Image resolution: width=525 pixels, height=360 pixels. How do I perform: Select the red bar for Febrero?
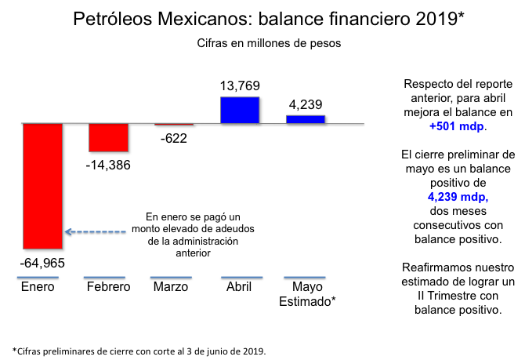tap(108, 137)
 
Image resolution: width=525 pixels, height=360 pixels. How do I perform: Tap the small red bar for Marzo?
tap(173, 125)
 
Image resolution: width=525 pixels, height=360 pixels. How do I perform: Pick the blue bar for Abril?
tap(240, 110)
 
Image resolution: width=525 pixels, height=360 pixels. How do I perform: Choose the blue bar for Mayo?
tap(306, 119)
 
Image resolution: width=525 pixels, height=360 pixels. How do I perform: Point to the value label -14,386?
tap(108, 165)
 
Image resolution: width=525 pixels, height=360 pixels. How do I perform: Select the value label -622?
tap(173, 139)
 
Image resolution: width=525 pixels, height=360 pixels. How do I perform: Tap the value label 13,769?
tap(240, 85)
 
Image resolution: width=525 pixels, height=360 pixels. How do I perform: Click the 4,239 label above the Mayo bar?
tap(306, 104)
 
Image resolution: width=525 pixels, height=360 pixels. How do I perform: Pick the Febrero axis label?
tap(108, 287)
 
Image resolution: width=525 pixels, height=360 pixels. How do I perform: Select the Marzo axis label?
tap(171, 287)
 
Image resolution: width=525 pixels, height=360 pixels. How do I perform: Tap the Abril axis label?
tap(239, 287)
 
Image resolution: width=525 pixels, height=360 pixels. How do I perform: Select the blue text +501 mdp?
tap(458, 125)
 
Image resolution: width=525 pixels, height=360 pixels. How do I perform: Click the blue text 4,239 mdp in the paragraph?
tap(458, 198)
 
